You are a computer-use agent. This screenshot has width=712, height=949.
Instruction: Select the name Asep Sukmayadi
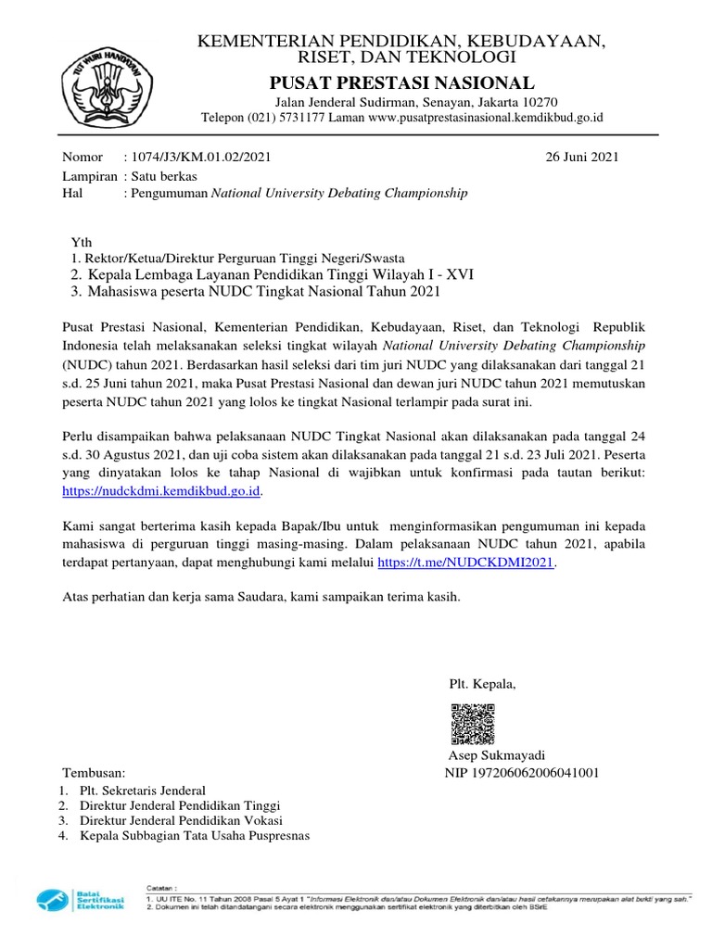(497, 754)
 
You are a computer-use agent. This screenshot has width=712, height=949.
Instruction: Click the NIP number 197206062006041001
(522, 772)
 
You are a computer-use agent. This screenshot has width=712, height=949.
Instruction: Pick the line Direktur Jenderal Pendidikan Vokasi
(181, 820)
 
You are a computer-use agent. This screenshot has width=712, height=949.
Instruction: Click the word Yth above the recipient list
(82, 241)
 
